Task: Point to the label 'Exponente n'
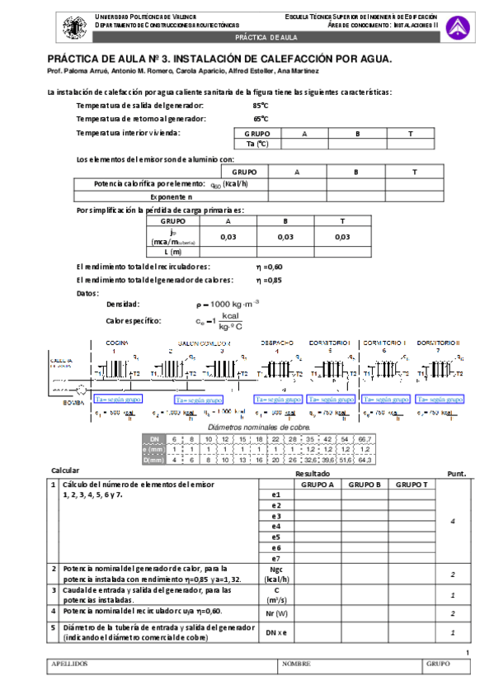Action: pos(172,197)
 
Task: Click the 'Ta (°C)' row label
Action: pos(257,144)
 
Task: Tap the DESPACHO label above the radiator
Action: pos(277,343)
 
